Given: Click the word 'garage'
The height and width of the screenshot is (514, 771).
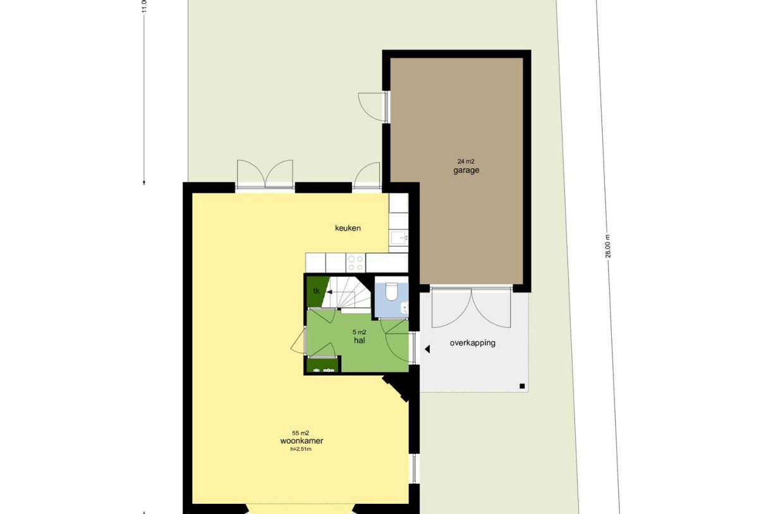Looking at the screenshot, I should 466,171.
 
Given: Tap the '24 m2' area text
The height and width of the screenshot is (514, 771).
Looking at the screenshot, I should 466,162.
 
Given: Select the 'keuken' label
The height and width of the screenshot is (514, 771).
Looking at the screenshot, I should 348,228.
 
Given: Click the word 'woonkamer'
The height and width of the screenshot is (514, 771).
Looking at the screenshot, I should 301,441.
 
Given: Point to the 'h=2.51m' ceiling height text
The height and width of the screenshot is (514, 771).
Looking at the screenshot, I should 301,450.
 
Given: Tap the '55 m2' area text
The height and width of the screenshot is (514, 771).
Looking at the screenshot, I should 301,432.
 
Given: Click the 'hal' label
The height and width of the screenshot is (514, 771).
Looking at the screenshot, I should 360,340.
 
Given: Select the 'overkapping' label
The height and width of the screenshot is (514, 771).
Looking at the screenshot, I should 472,343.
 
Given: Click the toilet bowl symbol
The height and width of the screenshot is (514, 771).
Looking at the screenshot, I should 391,292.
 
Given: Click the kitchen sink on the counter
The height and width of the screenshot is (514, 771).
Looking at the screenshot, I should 399,238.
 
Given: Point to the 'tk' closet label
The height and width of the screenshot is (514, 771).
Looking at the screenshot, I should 317,291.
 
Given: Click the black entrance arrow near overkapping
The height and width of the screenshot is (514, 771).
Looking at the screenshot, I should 427,349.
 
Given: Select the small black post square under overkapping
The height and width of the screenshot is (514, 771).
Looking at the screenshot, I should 521,386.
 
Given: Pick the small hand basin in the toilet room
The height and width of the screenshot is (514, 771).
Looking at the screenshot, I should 405,309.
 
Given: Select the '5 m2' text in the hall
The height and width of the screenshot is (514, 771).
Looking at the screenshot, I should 359,332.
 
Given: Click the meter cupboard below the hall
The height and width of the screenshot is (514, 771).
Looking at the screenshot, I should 323,365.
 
